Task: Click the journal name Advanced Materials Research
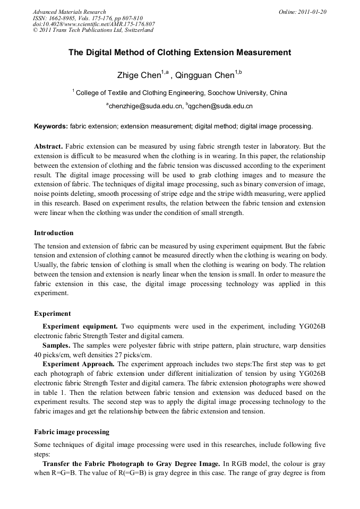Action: tap(69, 12)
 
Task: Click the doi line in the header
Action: tap(94, 24)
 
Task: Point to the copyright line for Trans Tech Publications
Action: tap(93, 30)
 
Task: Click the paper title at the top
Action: tap(180, 53)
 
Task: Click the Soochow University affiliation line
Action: tap(181, 93)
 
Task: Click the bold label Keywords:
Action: tap(51, 126)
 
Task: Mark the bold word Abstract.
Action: tap(48, 146)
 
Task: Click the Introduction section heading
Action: tap(54, 233)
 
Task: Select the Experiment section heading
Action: tap(52, 314)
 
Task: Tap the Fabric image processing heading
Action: tap(72, 432)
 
